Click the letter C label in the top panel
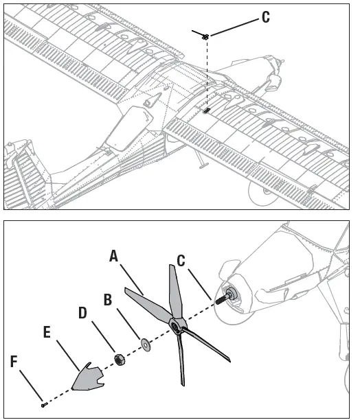pos(265,18)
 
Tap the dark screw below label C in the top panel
pos(205,36)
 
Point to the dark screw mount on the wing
pos(206,109)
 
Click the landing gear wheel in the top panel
pos(260,196)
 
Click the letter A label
pos(115,256)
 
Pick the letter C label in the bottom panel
pos(181,261)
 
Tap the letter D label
pos(82,313)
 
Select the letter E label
pos(47,332)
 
